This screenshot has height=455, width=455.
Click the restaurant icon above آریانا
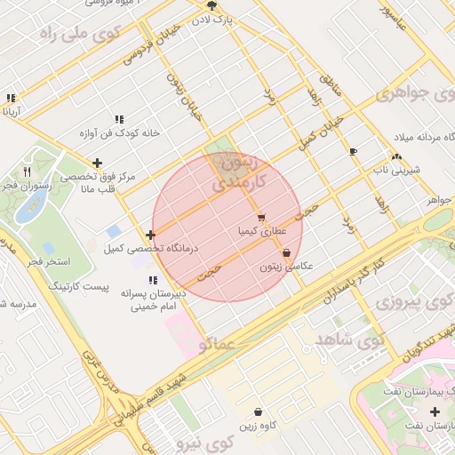(x=11, y=99)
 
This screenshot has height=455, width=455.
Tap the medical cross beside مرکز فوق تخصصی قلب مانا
(x=97, y=163)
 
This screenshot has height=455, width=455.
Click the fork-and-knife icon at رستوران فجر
(x=28, y=172)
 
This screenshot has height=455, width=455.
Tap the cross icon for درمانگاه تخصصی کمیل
(x=151, y=235)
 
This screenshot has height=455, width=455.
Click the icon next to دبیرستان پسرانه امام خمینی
(x=153, y=280)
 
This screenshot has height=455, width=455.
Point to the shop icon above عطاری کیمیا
(x=260, y=217)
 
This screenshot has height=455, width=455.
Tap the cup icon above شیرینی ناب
(x=353, y=152)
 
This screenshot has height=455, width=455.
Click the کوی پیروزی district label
(x=412, y=301)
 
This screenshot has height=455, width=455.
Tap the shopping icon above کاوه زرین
(x=258, y=412)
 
